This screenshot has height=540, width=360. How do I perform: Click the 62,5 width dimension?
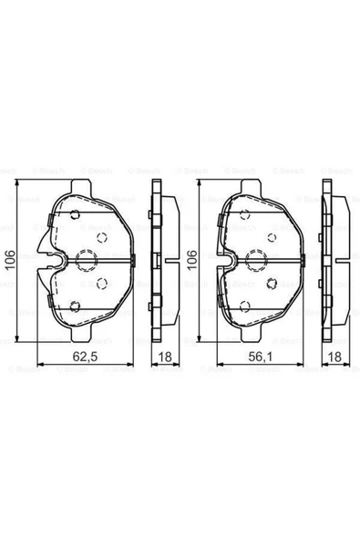[x=85, y=357]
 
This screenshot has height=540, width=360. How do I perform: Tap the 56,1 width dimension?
[x=260, y=357]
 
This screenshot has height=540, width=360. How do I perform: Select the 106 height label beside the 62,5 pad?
[x=10, y=260]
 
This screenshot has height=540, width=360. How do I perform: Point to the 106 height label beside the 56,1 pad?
[x=191, y=260]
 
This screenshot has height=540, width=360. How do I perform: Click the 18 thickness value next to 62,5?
[x=165, y=357]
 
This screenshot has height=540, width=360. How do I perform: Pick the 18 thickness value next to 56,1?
[x=334, y=357]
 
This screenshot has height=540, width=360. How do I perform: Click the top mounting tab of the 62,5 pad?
[x=81, y=187]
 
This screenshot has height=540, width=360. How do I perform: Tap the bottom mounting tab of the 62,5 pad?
[x=81, y=333]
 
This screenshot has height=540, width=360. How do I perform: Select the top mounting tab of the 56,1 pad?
[x=250, y=187]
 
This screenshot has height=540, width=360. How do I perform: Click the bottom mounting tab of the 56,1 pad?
[x=250, y=334]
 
